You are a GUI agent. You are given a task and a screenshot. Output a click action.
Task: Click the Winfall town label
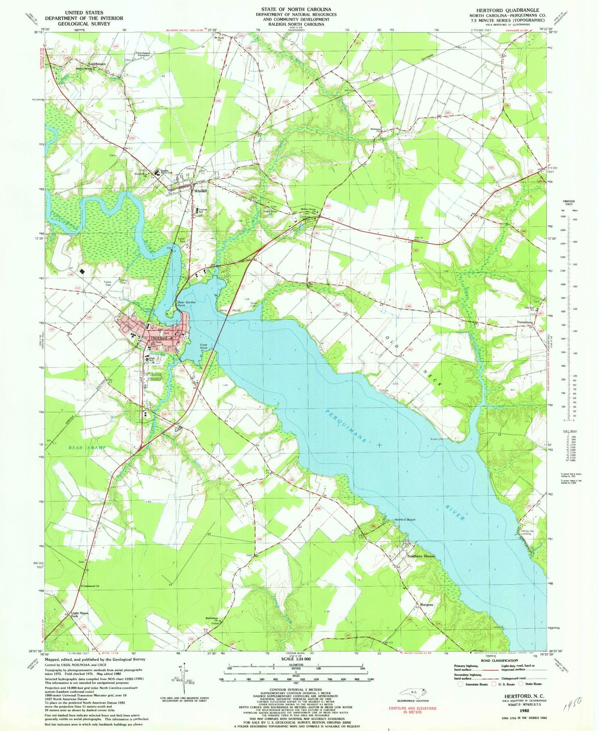pos(201,191)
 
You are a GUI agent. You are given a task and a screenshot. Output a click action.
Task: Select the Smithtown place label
pos(95,64)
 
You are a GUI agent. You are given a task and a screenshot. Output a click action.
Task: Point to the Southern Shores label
pos(420,556)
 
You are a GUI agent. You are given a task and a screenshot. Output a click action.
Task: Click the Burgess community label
pos(426,604)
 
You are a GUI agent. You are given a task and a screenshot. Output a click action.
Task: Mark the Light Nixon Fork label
pos(80,614)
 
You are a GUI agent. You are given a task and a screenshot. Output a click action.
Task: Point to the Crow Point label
pos(204,346)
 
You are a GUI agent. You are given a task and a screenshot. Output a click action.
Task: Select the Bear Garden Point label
pos(186,304)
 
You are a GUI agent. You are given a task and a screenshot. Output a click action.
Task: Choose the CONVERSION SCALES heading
pos(568,202)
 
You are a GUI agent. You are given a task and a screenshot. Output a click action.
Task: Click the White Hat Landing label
pos(526,533)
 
